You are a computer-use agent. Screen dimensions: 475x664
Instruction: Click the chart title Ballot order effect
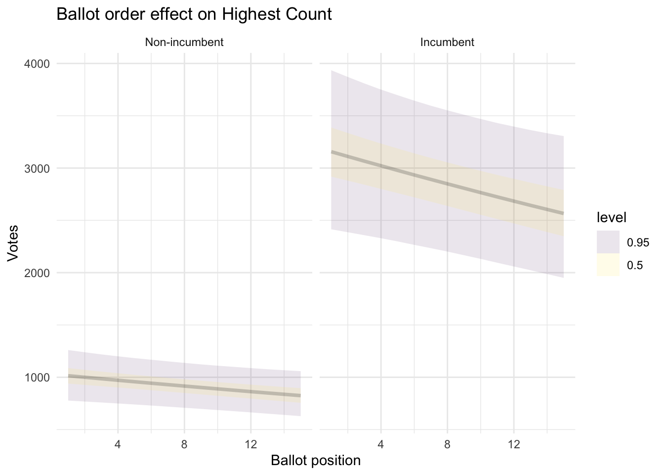tap(194, 14)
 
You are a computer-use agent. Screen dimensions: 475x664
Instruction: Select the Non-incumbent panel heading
tap(184, 43)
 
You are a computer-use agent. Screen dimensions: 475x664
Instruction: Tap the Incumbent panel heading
tap(447, 43)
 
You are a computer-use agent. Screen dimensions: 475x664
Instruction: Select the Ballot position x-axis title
tap(316, 461)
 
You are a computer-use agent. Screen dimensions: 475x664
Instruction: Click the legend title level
tap(612, 217)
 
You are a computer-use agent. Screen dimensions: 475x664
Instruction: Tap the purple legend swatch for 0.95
tap(608, 242)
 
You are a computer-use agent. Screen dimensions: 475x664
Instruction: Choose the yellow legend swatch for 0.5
tap(608, 265)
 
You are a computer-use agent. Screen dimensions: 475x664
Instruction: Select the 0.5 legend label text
tap(635, 265)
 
